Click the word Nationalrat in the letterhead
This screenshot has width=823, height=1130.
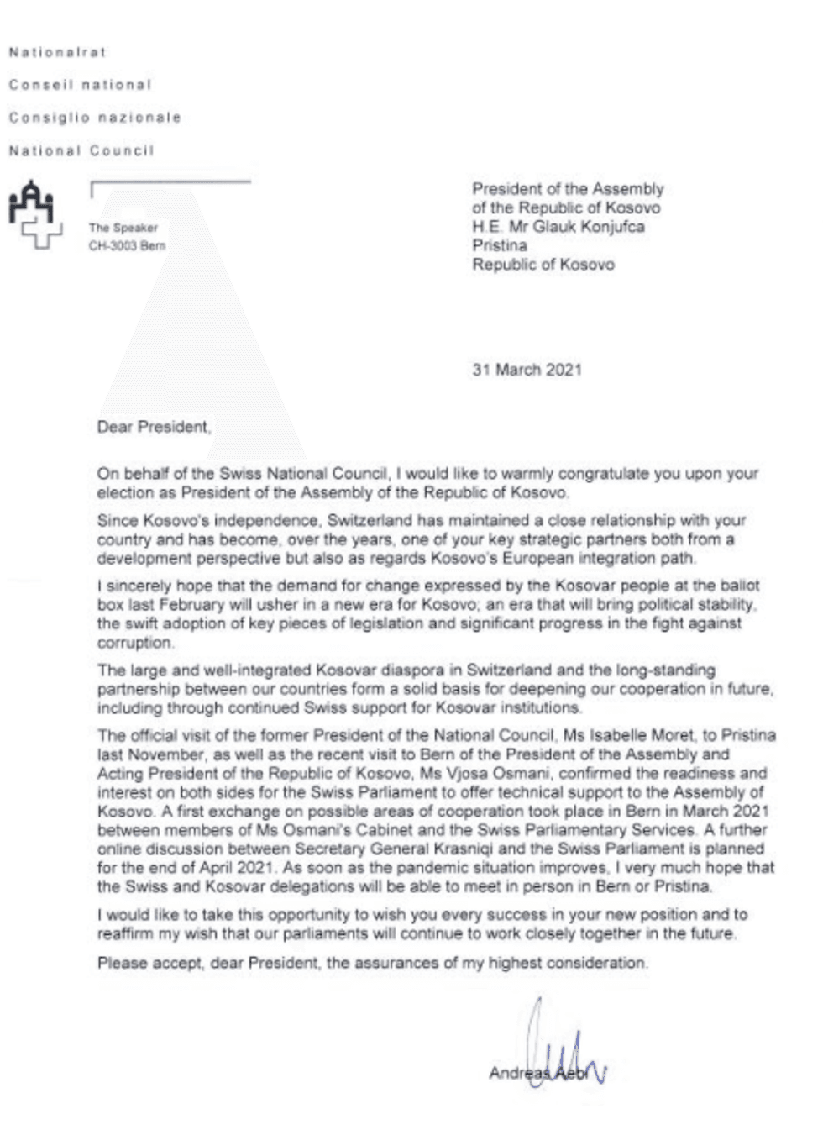(x=57, y=52)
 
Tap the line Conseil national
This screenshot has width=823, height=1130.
(x=80, y=85)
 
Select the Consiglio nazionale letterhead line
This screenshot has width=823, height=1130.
(x=95, y=118)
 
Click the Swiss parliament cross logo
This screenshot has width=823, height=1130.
(x=35, y=215)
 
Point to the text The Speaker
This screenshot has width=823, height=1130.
(x=123, y=228)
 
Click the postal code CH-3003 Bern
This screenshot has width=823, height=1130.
(x=127, y=246)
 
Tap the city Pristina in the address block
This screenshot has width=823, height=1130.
(x=500, y=245)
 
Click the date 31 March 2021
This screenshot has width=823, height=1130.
(x=527, y=370)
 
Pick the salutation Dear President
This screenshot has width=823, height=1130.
(x=154, y=427)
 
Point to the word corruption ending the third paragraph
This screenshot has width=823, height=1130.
(x=135, y=643)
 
